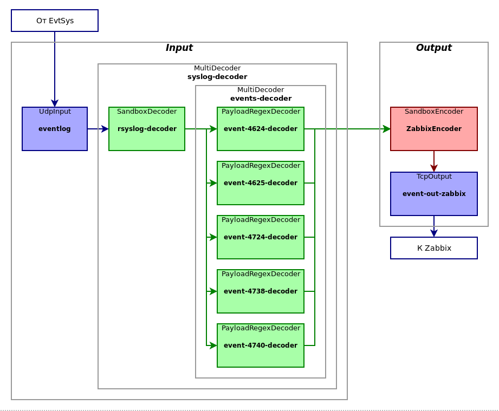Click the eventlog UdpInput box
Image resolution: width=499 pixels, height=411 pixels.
coord(54,129)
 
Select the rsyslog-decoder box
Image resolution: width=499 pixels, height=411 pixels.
coord(146,129)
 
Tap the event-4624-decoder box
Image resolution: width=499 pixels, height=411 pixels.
coord(260,129)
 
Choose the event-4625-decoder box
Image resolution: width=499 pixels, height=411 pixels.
coord(260,183)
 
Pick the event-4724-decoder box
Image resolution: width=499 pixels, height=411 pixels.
coord(260,237)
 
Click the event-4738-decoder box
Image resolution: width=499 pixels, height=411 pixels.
coord(260,291)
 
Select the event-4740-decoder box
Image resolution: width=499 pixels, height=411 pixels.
coord(260,345)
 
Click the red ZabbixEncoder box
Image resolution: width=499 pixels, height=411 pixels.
coord(433,129)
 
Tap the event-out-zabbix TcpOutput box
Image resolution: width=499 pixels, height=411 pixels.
coord(433,194)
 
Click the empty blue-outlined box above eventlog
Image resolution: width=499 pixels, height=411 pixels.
coord(54,21)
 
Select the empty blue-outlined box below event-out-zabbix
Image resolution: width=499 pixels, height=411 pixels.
coord(433,248)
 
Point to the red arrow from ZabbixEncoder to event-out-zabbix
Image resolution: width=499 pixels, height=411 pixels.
coord(433,161)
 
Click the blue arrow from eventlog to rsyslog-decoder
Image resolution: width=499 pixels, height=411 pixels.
coord(98,129)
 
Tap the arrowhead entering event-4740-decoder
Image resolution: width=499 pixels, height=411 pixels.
coord(213,345)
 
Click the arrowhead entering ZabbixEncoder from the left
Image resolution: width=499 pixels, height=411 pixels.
coord(386,129)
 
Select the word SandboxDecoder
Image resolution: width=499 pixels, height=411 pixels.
coord(146,112)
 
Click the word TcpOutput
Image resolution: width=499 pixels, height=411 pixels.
coord(433,177)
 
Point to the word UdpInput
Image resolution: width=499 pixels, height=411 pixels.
coord(54,112)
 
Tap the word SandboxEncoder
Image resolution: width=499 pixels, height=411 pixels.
coord(433,112)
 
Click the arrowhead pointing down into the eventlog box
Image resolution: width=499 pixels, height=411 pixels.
coord(54,103)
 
